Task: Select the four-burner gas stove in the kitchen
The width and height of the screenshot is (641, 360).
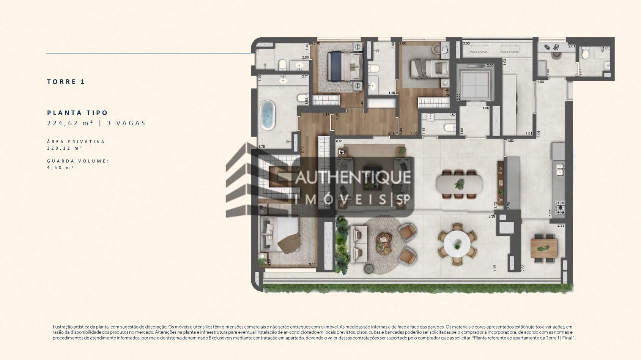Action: point(560,207)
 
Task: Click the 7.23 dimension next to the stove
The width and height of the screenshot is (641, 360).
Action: point(551,214)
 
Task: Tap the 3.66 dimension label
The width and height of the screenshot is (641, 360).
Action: point(466,44)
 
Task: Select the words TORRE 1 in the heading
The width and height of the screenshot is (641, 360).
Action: point(66,82)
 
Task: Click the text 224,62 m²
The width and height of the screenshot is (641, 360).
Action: point(70,123)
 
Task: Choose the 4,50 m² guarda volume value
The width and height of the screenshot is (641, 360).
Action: point(60,167)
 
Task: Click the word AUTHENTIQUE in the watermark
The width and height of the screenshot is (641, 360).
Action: point(353,178)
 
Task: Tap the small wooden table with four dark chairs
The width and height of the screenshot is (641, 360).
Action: point(544,248)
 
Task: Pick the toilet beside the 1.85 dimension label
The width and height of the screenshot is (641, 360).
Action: point(586,55)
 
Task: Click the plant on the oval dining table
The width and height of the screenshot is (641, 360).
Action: point(460,184)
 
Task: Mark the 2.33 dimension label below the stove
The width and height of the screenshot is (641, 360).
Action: point(561,226)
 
